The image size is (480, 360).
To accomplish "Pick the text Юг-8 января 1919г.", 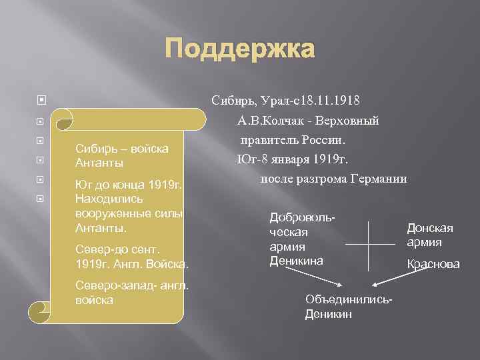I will point(292,159).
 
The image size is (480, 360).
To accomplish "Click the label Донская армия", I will point(430,234).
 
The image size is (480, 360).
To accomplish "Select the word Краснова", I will point(433,264).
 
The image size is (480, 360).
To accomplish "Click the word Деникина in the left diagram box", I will point(296,261).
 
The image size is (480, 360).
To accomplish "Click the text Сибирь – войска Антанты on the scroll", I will point(121,155).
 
